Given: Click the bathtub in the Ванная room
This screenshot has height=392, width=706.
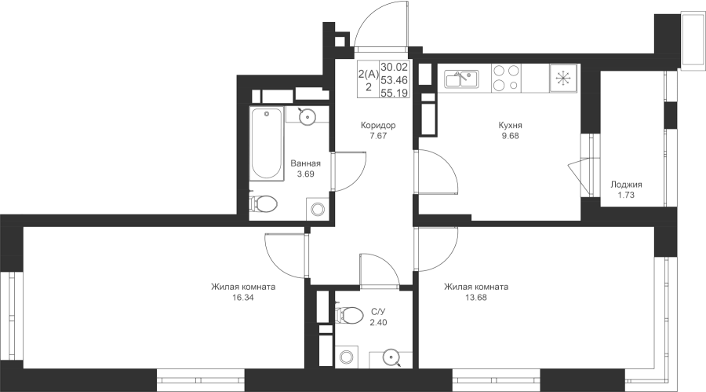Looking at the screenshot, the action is click(x=267, y=144).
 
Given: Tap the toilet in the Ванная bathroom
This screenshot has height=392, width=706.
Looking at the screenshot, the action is click(x=263, y=203).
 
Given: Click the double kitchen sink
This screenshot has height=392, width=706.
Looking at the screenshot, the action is click(x=461, y=79).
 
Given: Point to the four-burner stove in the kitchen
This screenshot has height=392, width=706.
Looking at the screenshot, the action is click(x=506, y=78).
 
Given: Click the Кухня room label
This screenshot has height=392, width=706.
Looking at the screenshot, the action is click(x=510, y=126).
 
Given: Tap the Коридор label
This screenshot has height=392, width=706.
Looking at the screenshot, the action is click(x=378, y=126).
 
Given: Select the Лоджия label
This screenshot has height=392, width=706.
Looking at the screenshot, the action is click(x=626, y=185).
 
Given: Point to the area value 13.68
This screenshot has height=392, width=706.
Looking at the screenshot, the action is click(x=476, y=298).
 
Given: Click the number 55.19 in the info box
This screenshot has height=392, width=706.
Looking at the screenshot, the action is click(x=395, y=93).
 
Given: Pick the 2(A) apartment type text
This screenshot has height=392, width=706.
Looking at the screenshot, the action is click(x=369, y=74).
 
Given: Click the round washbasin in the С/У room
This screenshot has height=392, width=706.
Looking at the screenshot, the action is click(x=391, y=359).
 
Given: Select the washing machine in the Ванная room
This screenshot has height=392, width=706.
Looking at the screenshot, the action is click(x=318, y=209).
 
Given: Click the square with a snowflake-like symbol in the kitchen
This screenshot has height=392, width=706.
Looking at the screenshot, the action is click(x=562, y=78).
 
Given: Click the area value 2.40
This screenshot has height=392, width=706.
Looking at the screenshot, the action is click(x=378, y=323).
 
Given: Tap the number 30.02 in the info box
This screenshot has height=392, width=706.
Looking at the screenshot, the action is click(x=395, y=68).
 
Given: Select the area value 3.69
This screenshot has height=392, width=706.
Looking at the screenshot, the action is click(x=305, y=174).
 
